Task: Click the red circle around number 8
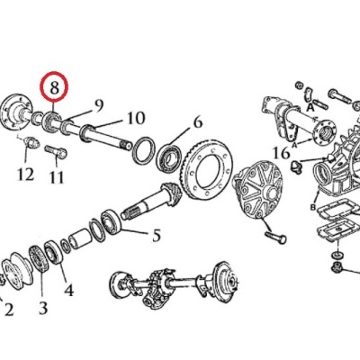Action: click(55, 88)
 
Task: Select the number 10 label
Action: click(135, 118)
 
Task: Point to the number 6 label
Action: click(198, 123)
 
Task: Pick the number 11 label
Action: click(57, 178)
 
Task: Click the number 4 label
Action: click(68, 290)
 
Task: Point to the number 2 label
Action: click(9, 310)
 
